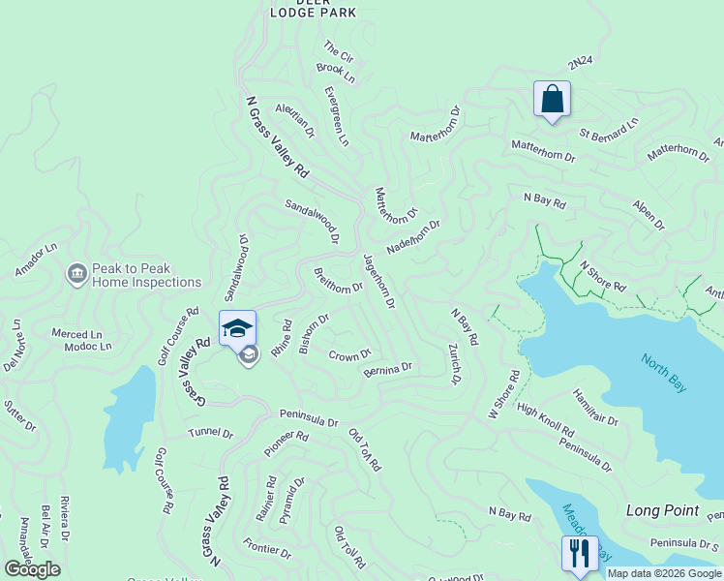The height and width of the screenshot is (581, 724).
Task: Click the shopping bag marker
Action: point(552,100)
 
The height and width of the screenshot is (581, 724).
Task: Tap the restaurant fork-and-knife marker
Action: point(579,554)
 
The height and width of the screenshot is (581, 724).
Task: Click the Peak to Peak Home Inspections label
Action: point(146,276)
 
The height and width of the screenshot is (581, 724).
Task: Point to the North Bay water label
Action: point(664,372)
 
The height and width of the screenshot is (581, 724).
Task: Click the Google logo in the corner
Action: point(32,569)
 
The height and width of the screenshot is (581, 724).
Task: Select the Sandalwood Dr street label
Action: point(312,222)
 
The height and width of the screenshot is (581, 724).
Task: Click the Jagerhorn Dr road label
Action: point(378,281)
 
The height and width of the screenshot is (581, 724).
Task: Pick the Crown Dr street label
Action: point(350,355)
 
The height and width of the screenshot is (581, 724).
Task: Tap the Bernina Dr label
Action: point(388,369)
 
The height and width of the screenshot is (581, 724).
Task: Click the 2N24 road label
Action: point(580,63)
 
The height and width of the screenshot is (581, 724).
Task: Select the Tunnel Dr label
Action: point(211,433)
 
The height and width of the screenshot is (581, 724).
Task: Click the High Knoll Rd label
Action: point(545,419)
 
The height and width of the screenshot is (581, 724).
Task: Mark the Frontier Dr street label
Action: point(267,547)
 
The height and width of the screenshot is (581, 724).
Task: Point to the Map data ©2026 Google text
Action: point(664,573)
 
